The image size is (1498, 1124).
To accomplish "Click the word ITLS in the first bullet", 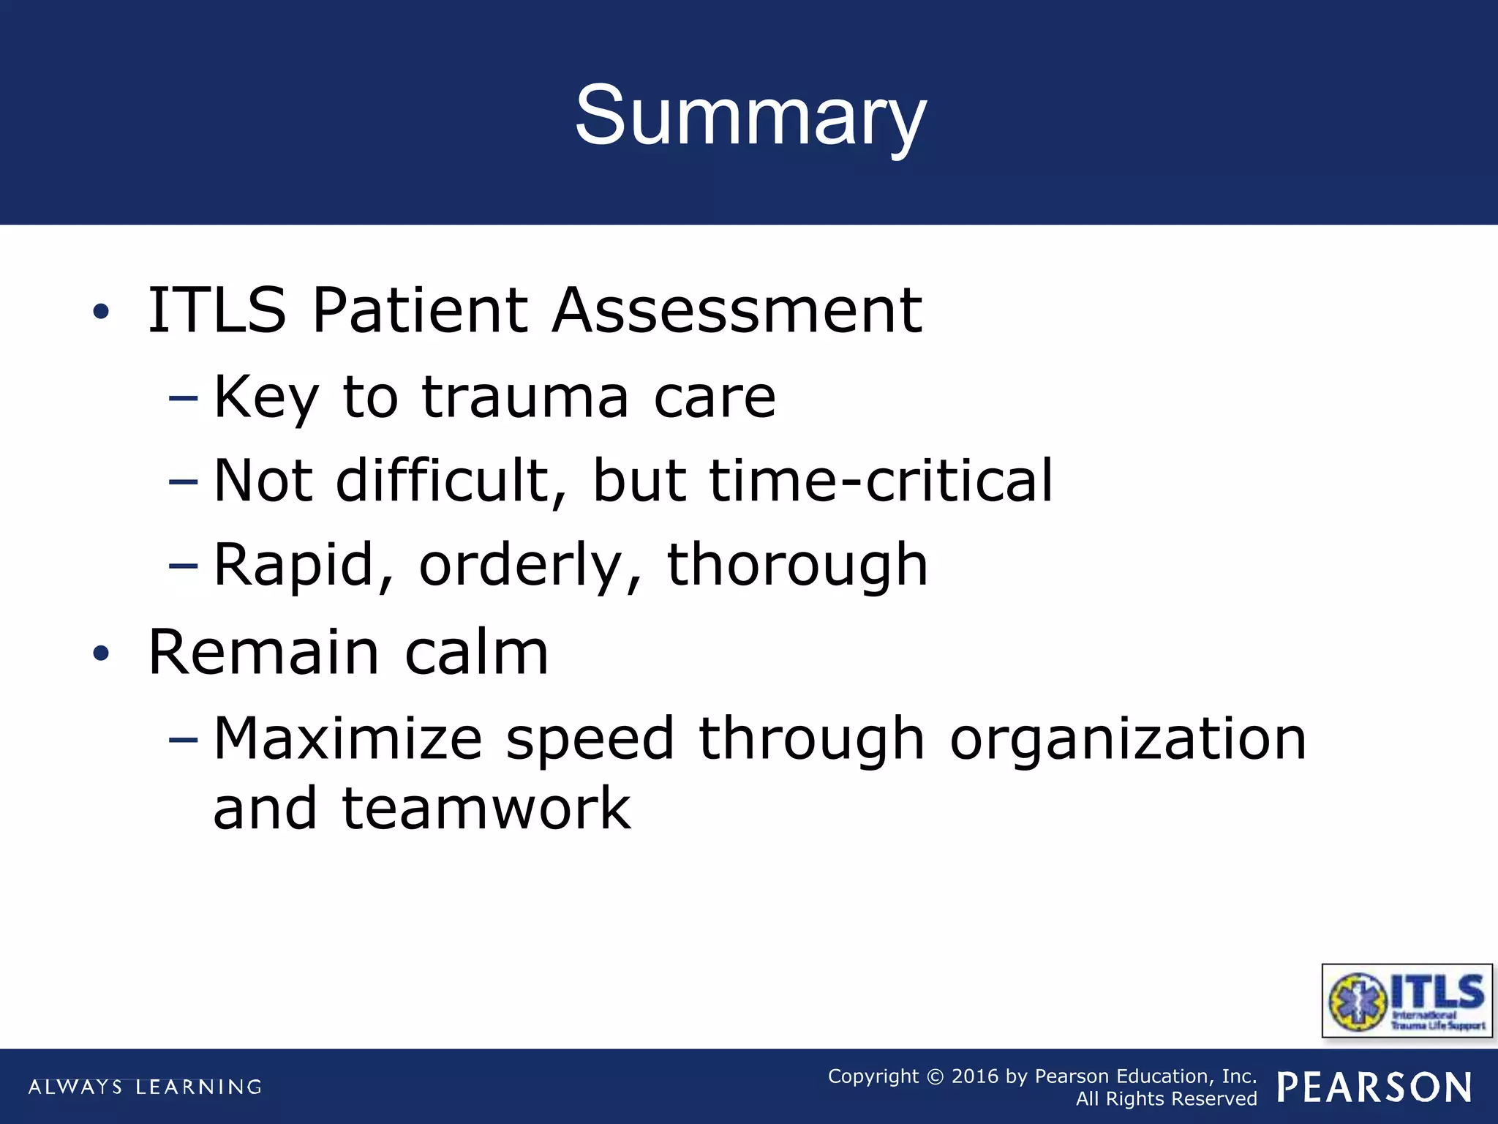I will [x=217, y=310].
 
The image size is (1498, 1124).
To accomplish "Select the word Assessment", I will [x=737, y=310].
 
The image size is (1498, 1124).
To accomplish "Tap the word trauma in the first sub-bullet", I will [x=524, y=397].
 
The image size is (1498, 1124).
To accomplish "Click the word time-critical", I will [x=881, y=481].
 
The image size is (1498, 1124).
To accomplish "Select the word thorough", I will [x=797, y=565].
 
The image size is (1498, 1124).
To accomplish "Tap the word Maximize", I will [x=347, y=739].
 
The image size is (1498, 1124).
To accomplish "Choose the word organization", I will [x=1127, y=739].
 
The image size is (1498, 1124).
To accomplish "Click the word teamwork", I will [x=486, y=809].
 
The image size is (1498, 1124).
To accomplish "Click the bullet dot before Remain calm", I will [x=101, y=653].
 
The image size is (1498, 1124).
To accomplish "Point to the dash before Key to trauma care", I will [x=183, y=399].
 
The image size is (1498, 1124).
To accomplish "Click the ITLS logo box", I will [x=1406, y=1000].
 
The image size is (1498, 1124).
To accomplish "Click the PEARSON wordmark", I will [x=1374, y=1087].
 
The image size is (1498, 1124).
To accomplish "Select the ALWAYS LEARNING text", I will [x=145, y=1087].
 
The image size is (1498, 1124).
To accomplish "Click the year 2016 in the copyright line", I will [x=974, y=1076].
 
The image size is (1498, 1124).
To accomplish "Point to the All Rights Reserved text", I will [x=1166, y=1099].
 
